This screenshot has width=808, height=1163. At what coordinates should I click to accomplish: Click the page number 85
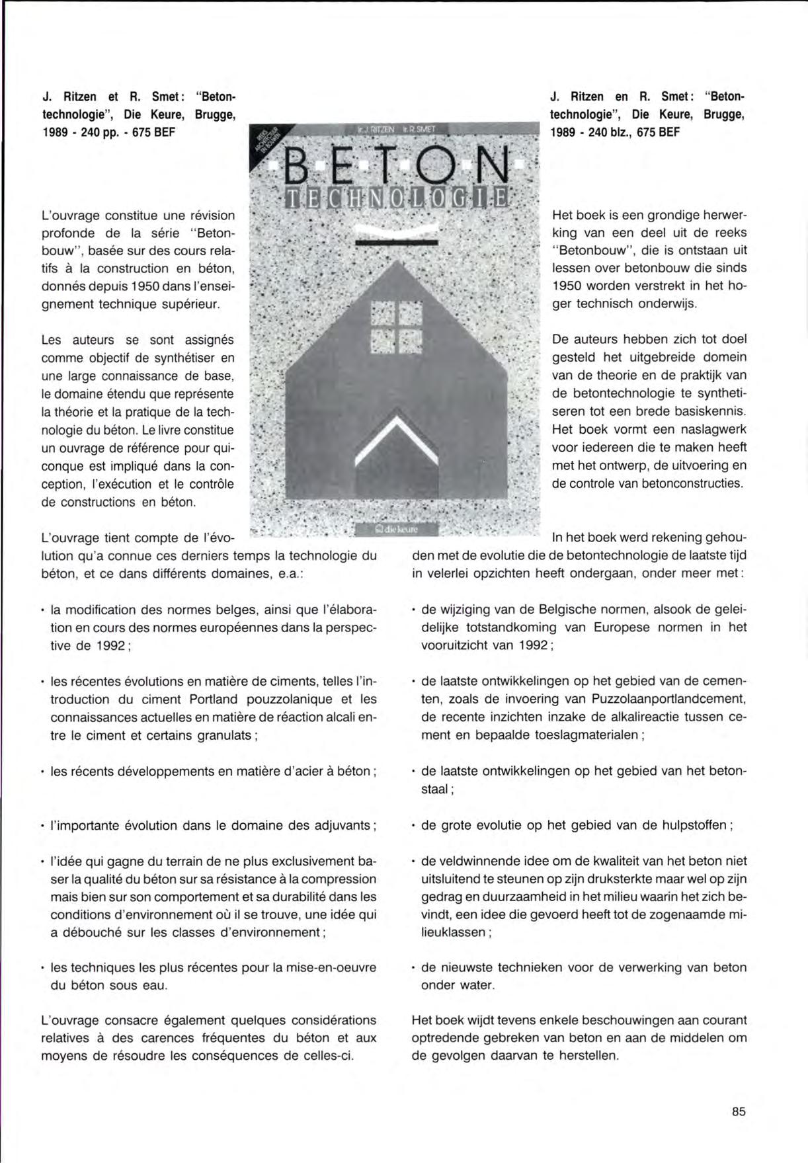739,1111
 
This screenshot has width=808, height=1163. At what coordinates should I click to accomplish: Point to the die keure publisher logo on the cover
396,530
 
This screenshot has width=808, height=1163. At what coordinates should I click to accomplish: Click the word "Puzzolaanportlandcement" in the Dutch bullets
663,699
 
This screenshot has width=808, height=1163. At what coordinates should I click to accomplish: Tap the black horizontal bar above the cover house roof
397,244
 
